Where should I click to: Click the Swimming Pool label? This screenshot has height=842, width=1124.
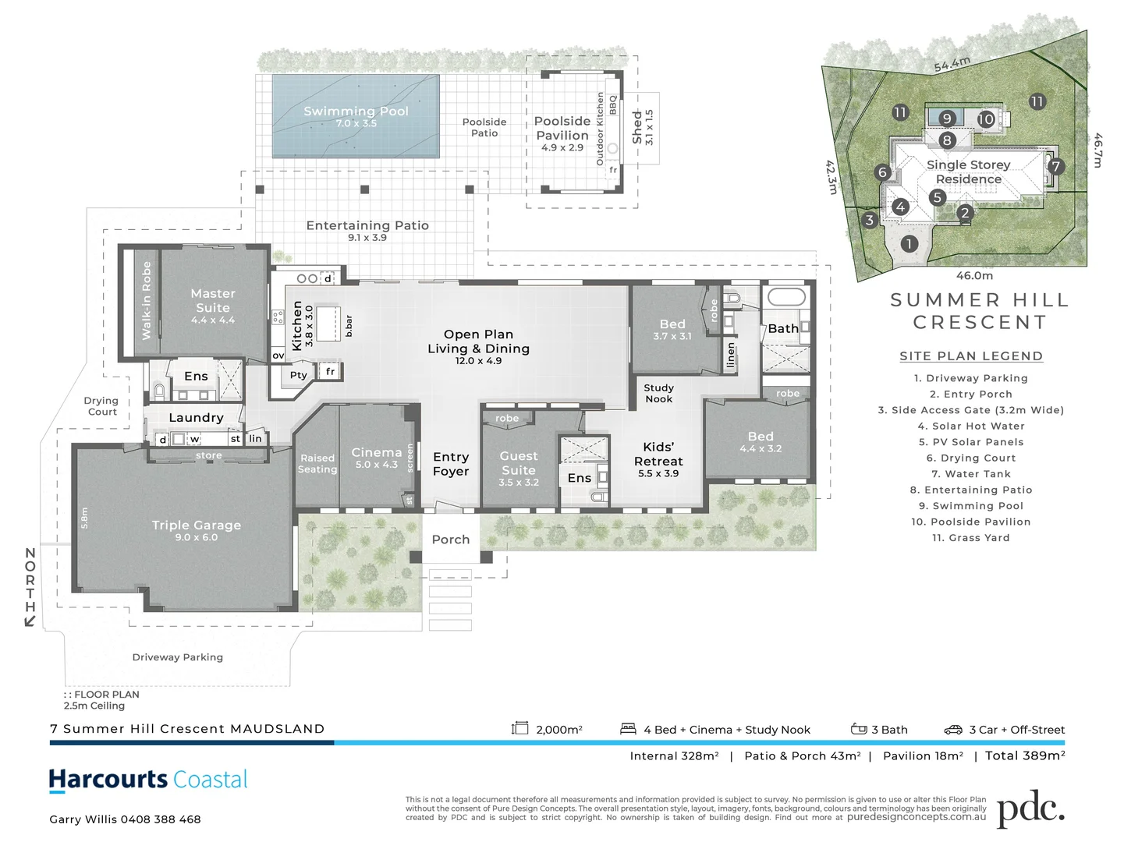pos(356,111)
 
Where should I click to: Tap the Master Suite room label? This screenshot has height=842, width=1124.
pos(213,300)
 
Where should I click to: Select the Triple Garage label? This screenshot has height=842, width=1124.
pos(197,525)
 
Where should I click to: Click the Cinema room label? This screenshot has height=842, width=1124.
pos(377,453)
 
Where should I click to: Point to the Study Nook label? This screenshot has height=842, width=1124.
pos(658,393)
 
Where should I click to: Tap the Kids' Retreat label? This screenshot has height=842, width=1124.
pos(658,454)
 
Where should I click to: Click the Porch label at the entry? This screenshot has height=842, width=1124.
pos(451,540)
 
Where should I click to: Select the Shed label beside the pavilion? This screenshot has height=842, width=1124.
pos(637,126)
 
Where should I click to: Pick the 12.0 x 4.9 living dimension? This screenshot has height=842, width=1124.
pos(479,361)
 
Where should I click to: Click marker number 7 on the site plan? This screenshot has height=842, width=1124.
pos(1055,166)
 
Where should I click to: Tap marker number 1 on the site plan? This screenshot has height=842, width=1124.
pos(909,244)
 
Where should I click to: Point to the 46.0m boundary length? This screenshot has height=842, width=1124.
pos(974,275)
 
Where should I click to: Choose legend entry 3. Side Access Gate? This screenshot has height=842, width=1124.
pos(970,410)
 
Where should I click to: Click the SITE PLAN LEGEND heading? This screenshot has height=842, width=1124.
pos(970,356)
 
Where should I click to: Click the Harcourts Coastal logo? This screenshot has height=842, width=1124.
pos(148,780)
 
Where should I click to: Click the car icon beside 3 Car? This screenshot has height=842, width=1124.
pos(953,730)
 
